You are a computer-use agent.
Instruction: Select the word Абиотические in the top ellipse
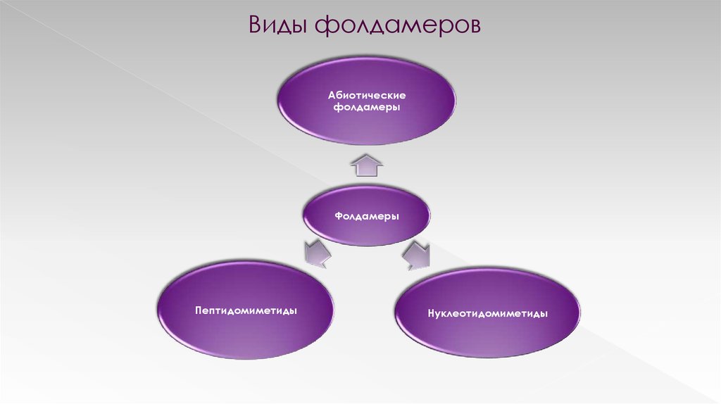click(366, 94)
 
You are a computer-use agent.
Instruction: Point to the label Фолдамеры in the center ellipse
click(366, 216)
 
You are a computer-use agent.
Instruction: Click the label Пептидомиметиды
click(246, 310)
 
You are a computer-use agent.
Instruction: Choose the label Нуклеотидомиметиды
click(487, 313)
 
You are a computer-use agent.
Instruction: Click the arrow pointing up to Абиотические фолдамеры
click(367, 167)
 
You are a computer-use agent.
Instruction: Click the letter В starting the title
click(254, 26)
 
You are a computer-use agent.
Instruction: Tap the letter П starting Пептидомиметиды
click(199, 310)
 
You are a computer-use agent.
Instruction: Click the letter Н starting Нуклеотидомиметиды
click(430, 313)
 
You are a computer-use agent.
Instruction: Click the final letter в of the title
click(475, 27)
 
